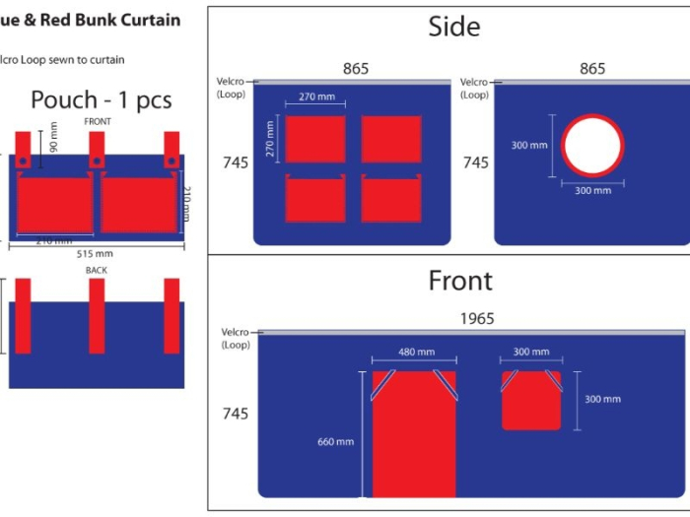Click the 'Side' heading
454,27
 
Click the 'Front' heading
460,281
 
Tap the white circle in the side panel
592,146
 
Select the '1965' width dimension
476,319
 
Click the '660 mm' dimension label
335,442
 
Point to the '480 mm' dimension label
413,353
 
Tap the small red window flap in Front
531,401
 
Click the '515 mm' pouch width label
96,254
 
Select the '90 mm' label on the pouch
53,138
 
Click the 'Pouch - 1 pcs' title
101,99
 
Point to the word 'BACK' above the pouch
96,270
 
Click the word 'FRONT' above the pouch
98,121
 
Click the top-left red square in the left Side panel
314,139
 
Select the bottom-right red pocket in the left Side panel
391,199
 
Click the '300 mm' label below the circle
592,190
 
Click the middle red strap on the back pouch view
97,315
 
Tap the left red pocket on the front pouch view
54,204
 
